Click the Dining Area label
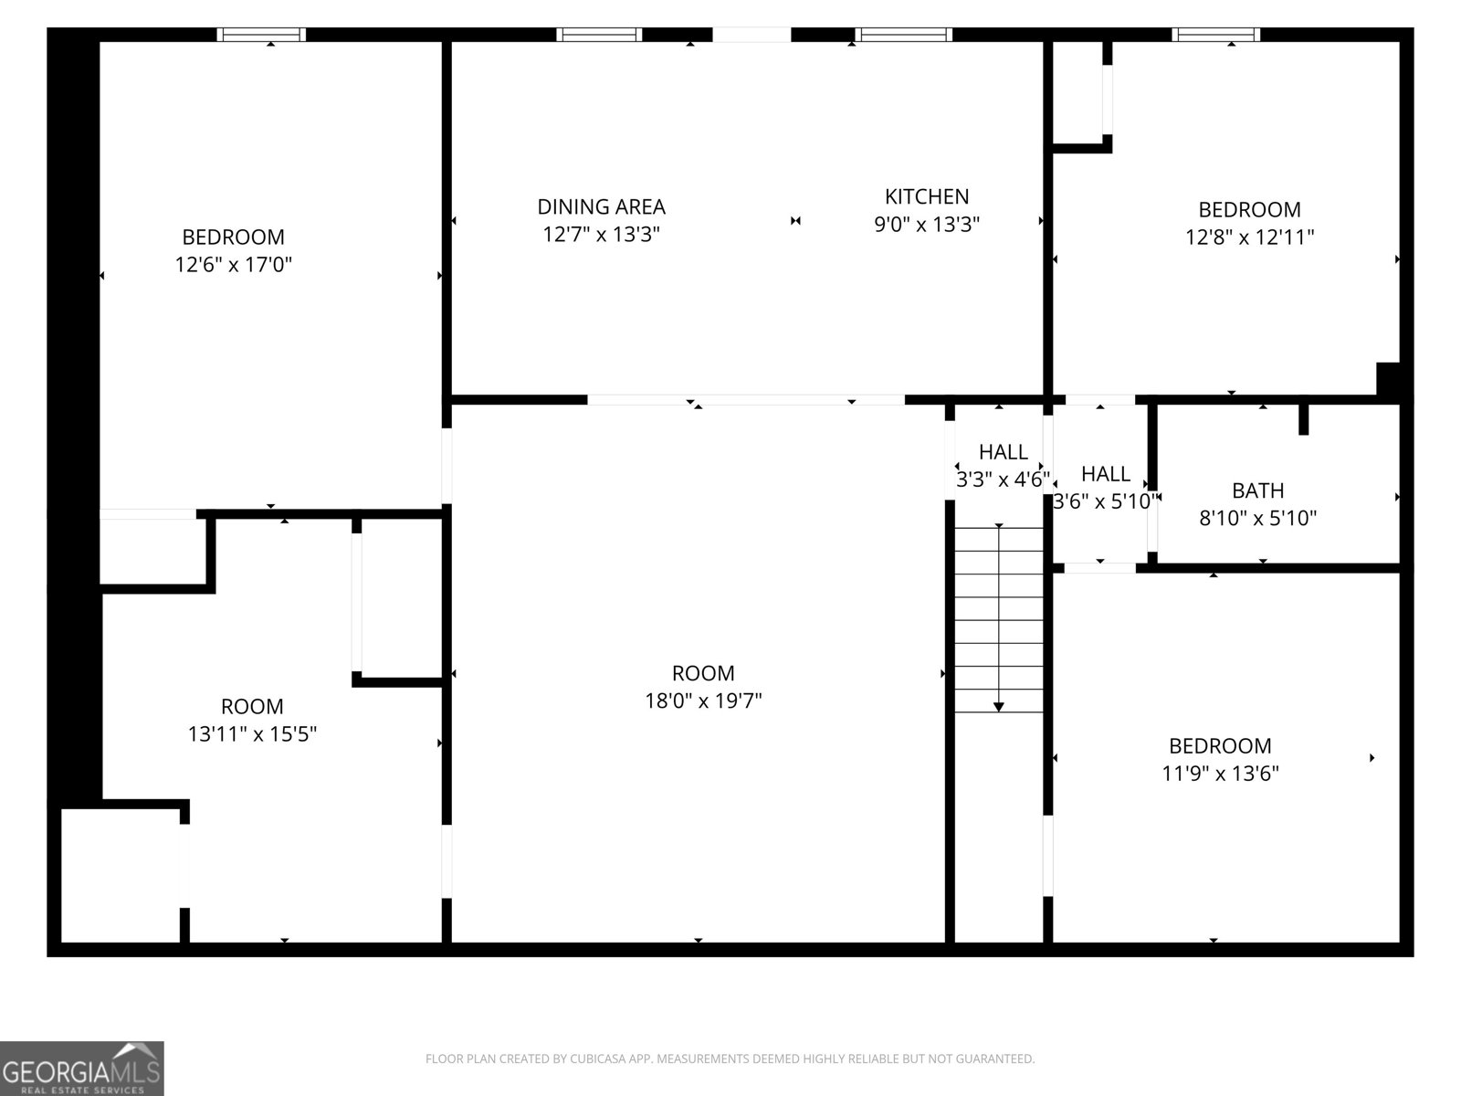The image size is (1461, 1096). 601,207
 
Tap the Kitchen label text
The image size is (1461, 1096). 927,196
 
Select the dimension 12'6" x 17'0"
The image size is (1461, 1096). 233,265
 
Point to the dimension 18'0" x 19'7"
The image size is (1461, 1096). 703,701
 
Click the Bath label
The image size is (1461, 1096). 1257,490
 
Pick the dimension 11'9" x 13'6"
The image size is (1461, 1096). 1220,774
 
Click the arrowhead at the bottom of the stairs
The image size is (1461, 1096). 998,707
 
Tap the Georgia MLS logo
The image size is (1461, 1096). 82,1068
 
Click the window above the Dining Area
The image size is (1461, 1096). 599,35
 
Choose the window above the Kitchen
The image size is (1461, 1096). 903,35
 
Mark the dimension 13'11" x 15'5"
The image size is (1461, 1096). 252,734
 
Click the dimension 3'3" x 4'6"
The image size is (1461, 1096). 1003,479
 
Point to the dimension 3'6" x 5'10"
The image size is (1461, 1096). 1106,501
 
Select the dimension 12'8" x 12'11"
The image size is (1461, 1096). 1249,237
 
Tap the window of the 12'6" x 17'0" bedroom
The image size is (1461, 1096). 261,35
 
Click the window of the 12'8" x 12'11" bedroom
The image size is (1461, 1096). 1215,35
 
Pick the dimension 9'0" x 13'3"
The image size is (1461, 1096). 927,225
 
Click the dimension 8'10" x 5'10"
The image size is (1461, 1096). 1257,519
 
